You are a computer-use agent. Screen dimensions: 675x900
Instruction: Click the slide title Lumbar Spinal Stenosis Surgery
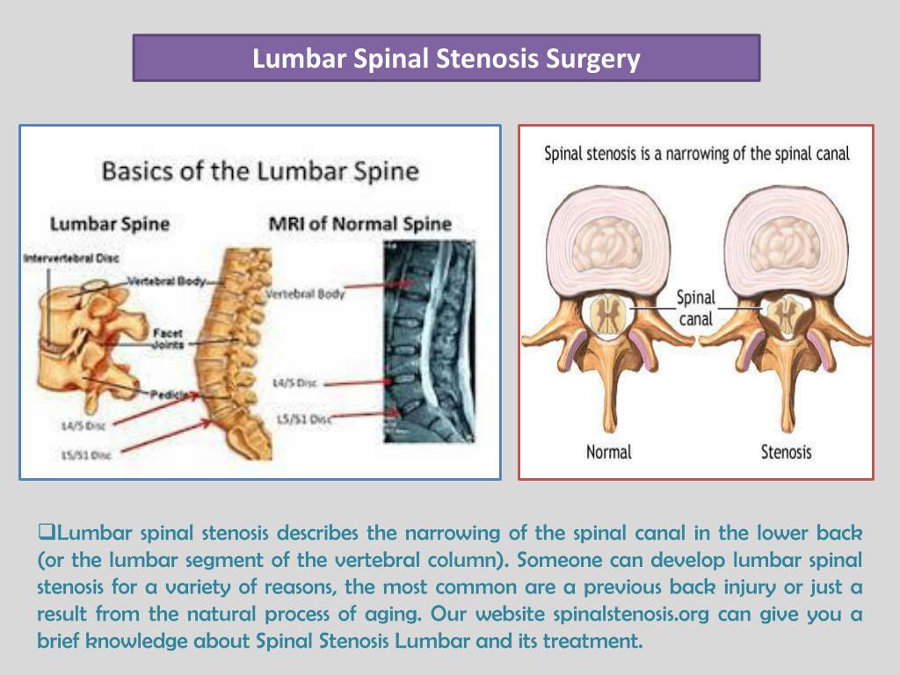pyautogui.click(x=446, y=59)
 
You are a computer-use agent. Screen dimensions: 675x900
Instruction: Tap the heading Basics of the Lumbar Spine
pyautogui.click(x=260, y=170)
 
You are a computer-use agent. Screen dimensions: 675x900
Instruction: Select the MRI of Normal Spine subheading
pyautogui.click(x=359, y=223)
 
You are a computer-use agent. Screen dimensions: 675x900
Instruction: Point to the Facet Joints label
pyautogui.click(x=167, y=339)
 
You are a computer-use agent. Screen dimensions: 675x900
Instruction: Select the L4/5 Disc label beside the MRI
pyautogui.click(x=294, y=384)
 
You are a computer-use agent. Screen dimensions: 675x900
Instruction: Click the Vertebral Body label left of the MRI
pyautogui.click(x=306, y=294)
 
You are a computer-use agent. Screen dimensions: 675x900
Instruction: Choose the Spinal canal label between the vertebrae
pyautogui.click(x=695, y=308)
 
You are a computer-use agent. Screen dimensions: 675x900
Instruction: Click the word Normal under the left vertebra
pyautogui.click(x=608, y=453)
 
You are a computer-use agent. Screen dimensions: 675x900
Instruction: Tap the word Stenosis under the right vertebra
pyautogui.click(x=786, y=453)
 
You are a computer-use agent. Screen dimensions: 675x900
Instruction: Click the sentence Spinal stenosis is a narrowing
pyautogui.click(x=697, y=154)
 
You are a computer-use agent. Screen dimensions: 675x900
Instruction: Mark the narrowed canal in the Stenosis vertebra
pyautogui.click(x=786, y=316)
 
